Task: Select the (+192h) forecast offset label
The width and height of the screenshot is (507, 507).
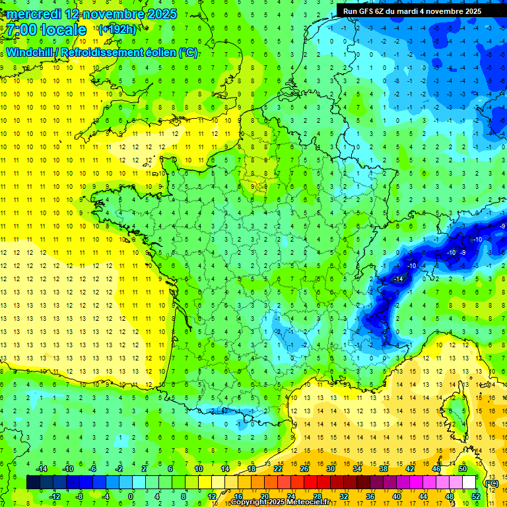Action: click(x=117, y=29)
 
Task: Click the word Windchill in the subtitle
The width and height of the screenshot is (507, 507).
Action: click(x=30, y=52)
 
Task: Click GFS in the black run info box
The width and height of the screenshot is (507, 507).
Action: click(x=366, y=11)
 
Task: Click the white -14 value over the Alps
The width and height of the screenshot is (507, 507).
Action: click(x=398, y=280)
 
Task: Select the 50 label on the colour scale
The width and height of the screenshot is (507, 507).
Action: click(x=463, y=469)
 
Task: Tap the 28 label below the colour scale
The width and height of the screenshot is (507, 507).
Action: click(x=317, y=496)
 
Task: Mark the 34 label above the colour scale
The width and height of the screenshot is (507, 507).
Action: click(x=357, y=469)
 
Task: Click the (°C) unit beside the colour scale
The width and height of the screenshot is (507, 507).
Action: click(x=491, y=483)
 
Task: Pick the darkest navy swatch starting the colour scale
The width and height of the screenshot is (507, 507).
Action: click(x=33, y=483)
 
